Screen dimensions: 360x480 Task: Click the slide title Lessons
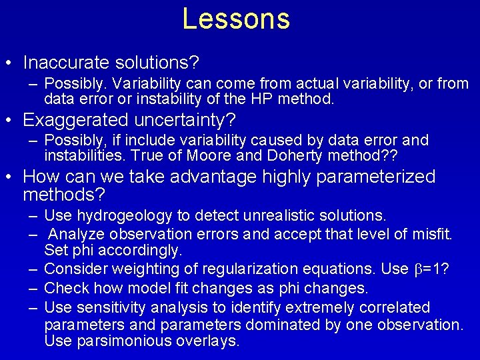tap(236, 19)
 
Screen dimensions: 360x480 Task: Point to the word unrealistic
tap(286, 215)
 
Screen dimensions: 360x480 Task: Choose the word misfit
tap(435, 234)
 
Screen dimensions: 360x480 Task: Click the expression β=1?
tap(432, 269)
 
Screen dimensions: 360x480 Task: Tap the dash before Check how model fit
tap(33, 289)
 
